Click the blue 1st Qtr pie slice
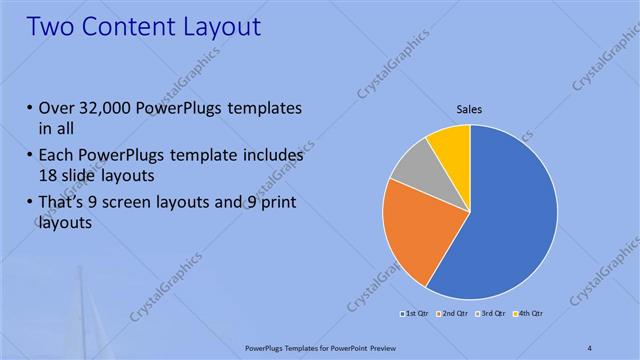coord(510,215)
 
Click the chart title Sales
coord(470,108)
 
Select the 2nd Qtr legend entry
coord(455,315)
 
